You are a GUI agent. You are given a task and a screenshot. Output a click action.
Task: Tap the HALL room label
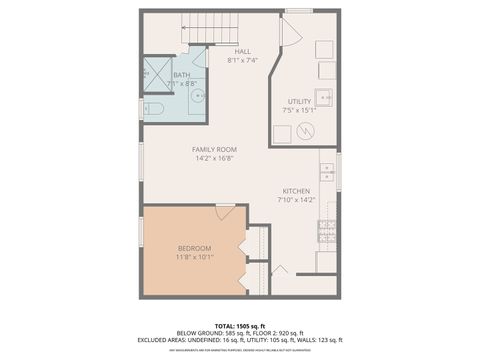241,51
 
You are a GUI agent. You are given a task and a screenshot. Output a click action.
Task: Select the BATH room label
181,74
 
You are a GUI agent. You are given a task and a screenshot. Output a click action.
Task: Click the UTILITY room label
299,101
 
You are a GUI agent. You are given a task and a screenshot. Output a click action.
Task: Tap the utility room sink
325,98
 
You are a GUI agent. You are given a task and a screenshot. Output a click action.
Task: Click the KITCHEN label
295,191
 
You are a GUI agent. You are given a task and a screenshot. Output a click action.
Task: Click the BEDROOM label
194,248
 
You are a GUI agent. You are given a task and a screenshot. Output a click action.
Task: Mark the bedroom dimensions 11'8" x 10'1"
194,257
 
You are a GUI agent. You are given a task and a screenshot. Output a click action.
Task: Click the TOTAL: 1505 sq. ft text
240,326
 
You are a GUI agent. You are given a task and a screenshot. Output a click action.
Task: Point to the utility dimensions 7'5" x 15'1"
299,110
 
